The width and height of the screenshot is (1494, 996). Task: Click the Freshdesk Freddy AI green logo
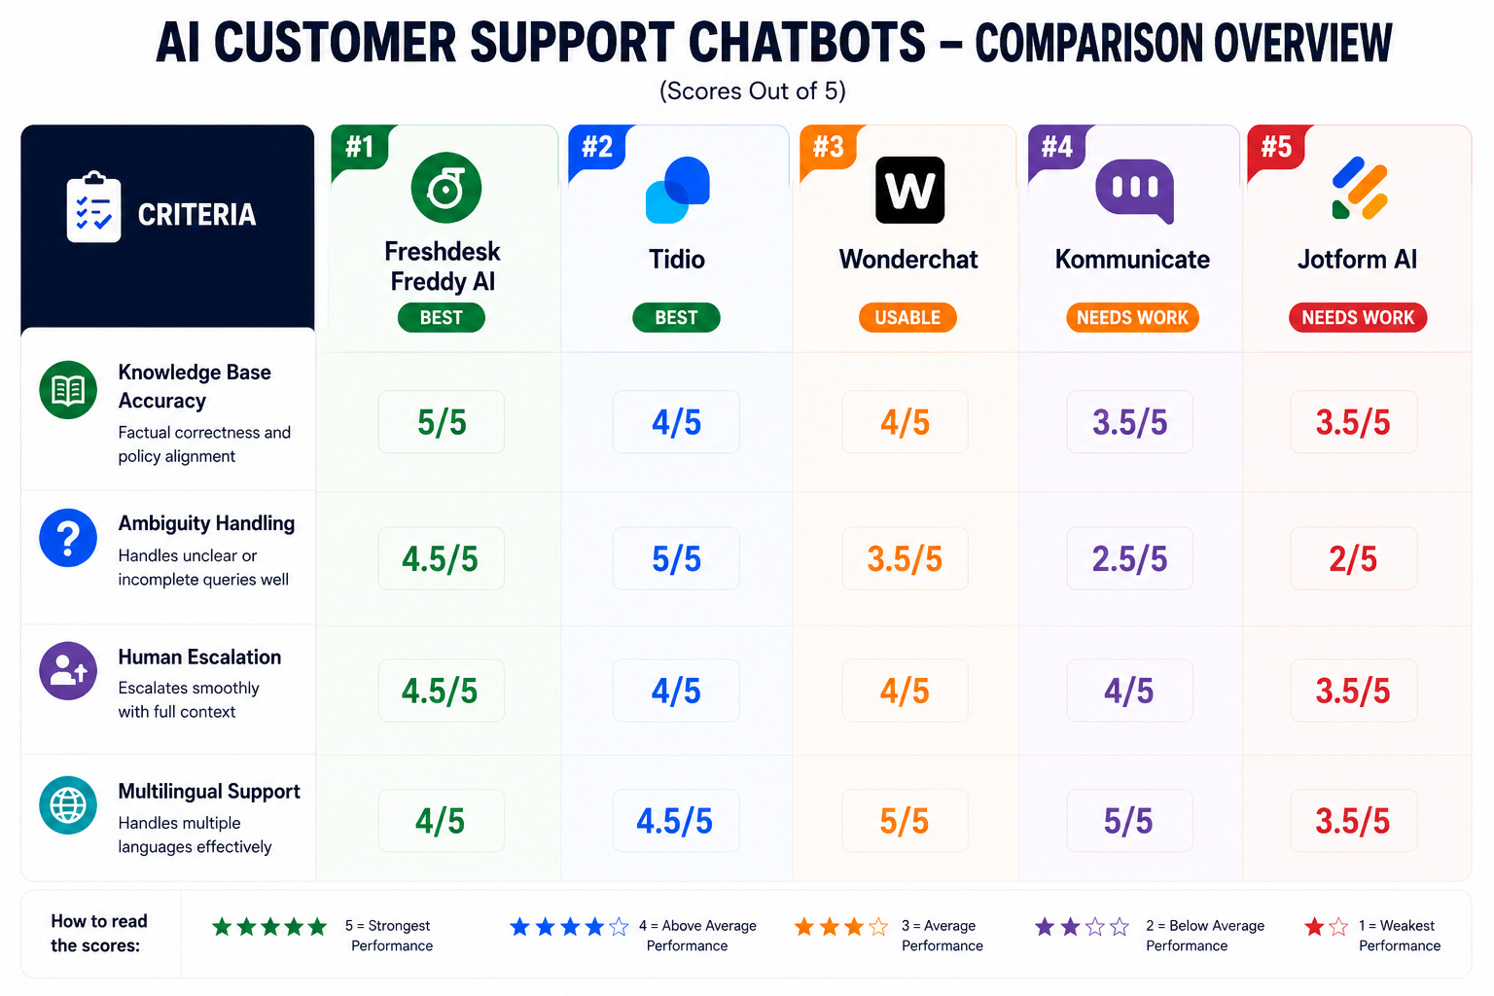coord(445,188)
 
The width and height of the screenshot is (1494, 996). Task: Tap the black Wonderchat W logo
coord(909,190)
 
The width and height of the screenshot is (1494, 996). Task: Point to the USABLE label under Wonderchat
coord(907,317)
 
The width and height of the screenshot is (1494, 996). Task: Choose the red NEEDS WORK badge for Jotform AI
coord(1357,317)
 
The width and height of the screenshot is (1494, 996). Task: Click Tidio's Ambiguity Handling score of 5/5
coord(676,558)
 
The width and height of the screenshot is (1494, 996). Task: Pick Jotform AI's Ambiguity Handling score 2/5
coord(1353,558)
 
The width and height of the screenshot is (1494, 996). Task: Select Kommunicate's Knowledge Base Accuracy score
coord(1129,421)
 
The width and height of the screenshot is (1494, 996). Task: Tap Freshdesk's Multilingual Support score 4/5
coord(441,821)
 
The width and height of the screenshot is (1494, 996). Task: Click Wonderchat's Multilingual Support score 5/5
coord(905,821)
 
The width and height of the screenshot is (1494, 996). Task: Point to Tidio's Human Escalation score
coord(676,691)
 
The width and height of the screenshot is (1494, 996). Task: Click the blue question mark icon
coord(68,538)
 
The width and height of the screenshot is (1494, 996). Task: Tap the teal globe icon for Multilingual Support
coord(68,804)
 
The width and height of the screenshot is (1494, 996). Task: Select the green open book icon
coord(68,390)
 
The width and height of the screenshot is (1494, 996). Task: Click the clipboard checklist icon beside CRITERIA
coord(94,207)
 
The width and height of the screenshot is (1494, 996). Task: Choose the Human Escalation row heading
coord(199,658)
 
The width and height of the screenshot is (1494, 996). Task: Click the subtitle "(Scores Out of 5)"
coord(752,90)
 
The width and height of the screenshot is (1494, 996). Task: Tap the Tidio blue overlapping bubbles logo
coord(678,190)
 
